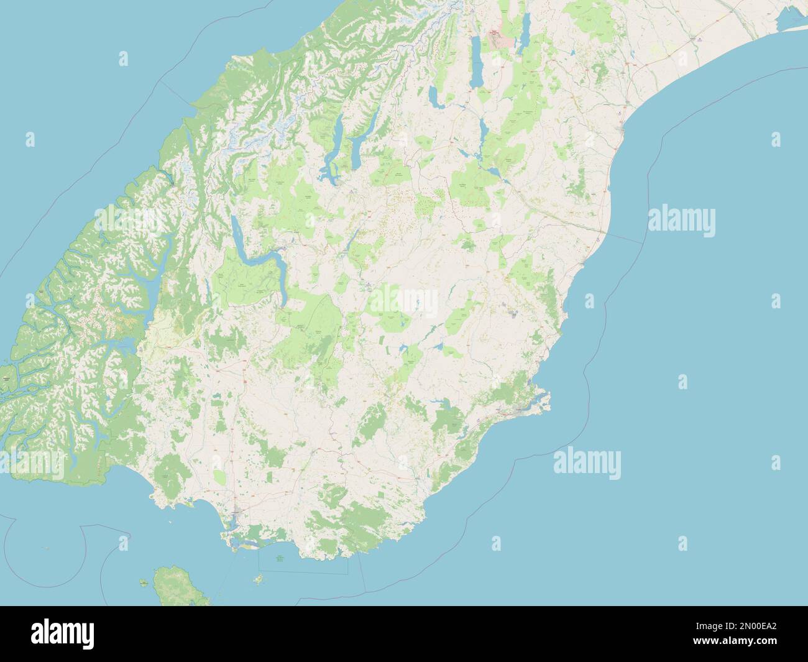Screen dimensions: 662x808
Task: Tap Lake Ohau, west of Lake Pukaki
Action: (434, 95)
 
